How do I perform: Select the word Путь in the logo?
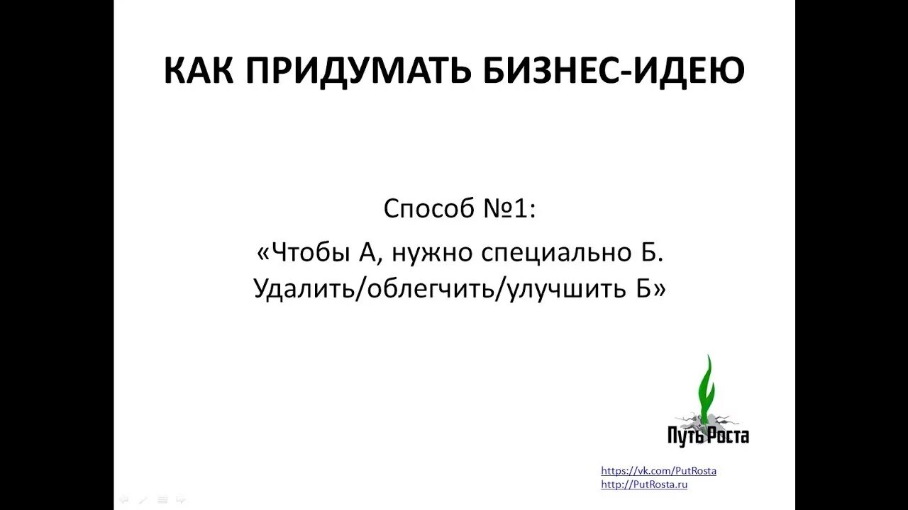pyautogui.click(x=686, y=436)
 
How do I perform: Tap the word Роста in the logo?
pyautogui.click(x=729, y=436)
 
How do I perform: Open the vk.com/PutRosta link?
pyautogui.click(x=658, y=470)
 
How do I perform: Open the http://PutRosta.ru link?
pyautogui.click(x=644, y=484)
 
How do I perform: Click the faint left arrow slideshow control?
pyautogui.click(x=124, y=499)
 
